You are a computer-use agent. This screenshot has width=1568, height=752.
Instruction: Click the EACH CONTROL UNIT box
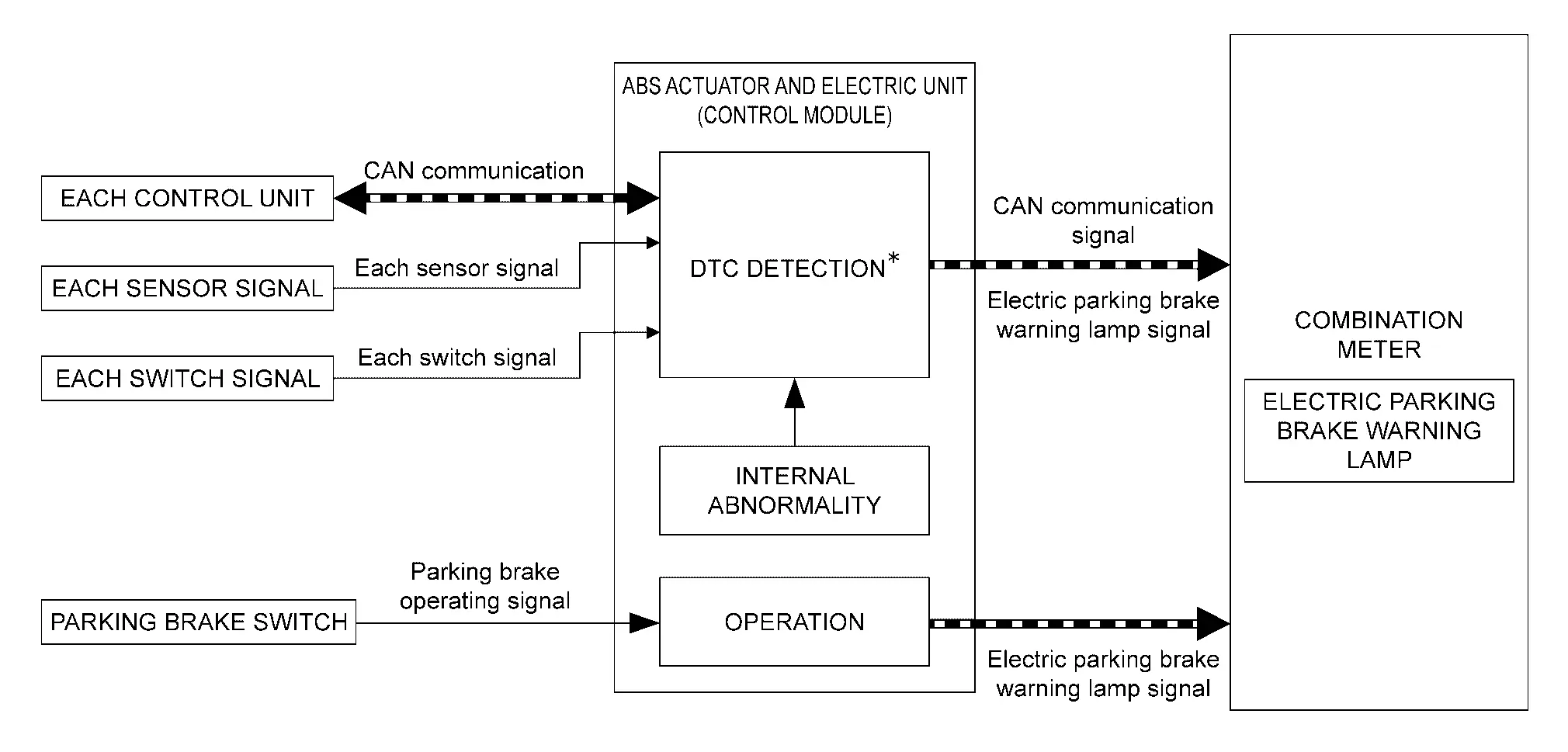click(187, 199)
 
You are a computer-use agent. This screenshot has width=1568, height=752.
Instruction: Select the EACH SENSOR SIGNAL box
click(187, 289)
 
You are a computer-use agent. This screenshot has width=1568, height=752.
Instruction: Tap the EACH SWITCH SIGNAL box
click(187, 379)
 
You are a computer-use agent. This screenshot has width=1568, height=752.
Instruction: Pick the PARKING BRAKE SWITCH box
click(198, 622)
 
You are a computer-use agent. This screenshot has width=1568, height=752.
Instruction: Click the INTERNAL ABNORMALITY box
click(794, 490)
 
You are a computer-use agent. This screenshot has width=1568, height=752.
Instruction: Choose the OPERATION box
click(794, 622)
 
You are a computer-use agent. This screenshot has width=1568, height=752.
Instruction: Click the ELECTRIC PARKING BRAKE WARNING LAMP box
click(1379, 431)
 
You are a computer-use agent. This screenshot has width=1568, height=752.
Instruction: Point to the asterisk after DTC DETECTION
click(893, 260)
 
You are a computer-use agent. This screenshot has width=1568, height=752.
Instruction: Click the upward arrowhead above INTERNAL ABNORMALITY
click(794, 393)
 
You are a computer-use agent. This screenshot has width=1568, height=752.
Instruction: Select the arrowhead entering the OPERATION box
click(644, 622)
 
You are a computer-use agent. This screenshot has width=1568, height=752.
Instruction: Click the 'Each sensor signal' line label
click(456, 269)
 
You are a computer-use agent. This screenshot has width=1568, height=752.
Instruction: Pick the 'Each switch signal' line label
click(456, 358)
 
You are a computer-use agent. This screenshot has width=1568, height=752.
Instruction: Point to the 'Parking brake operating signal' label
click(484, 587)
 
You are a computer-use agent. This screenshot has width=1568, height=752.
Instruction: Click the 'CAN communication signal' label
click(1102, 221)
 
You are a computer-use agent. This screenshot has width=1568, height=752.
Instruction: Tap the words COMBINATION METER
click(1379, 335)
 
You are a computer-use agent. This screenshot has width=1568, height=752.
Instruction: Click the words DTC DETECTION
click(787, 269)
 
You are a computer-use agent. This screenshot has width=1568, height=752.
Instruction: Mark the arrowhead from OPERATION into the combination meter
click(1214, 623)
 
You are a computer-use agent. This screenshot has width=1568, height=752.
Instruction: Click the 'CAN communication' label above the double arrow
click(474, 172)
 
